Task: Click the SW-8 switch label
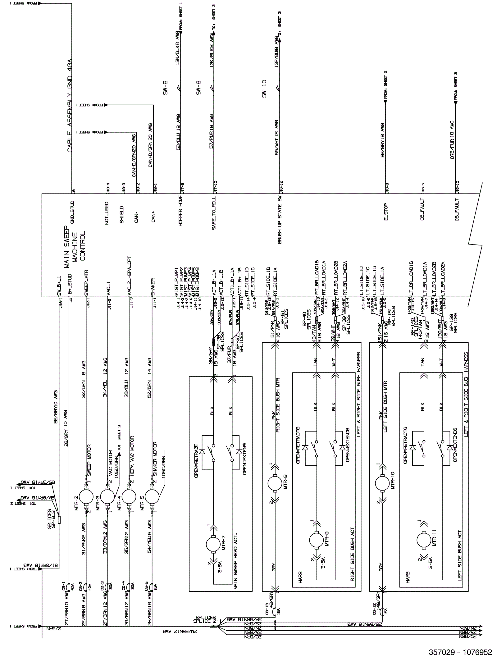pos(165,88)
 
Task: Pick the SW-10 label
pos(264,89)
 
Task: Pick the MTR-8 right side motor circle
pos(275,483)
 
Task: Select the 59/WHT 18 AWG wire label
pos(277,137)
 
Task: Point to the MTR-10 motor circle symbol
pos(382,483)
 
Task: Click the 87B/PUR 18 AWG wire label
pos(452,140)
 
